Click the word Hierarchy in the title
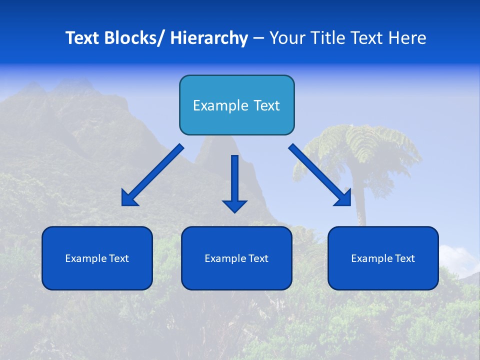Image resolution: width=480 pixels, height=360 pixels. pyautogui.click(x=209, y=38)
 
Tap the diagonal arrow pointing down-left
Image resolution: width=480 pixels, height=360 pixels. pyautogui.click(x=155, y=173)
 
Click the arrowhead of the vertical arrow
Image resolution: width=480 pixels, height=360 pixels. pyautogui.click(x=234, y=205)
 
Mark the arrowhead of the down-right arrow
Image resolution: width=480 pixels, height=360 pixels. pyautogui.click(x=344, y=198)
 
